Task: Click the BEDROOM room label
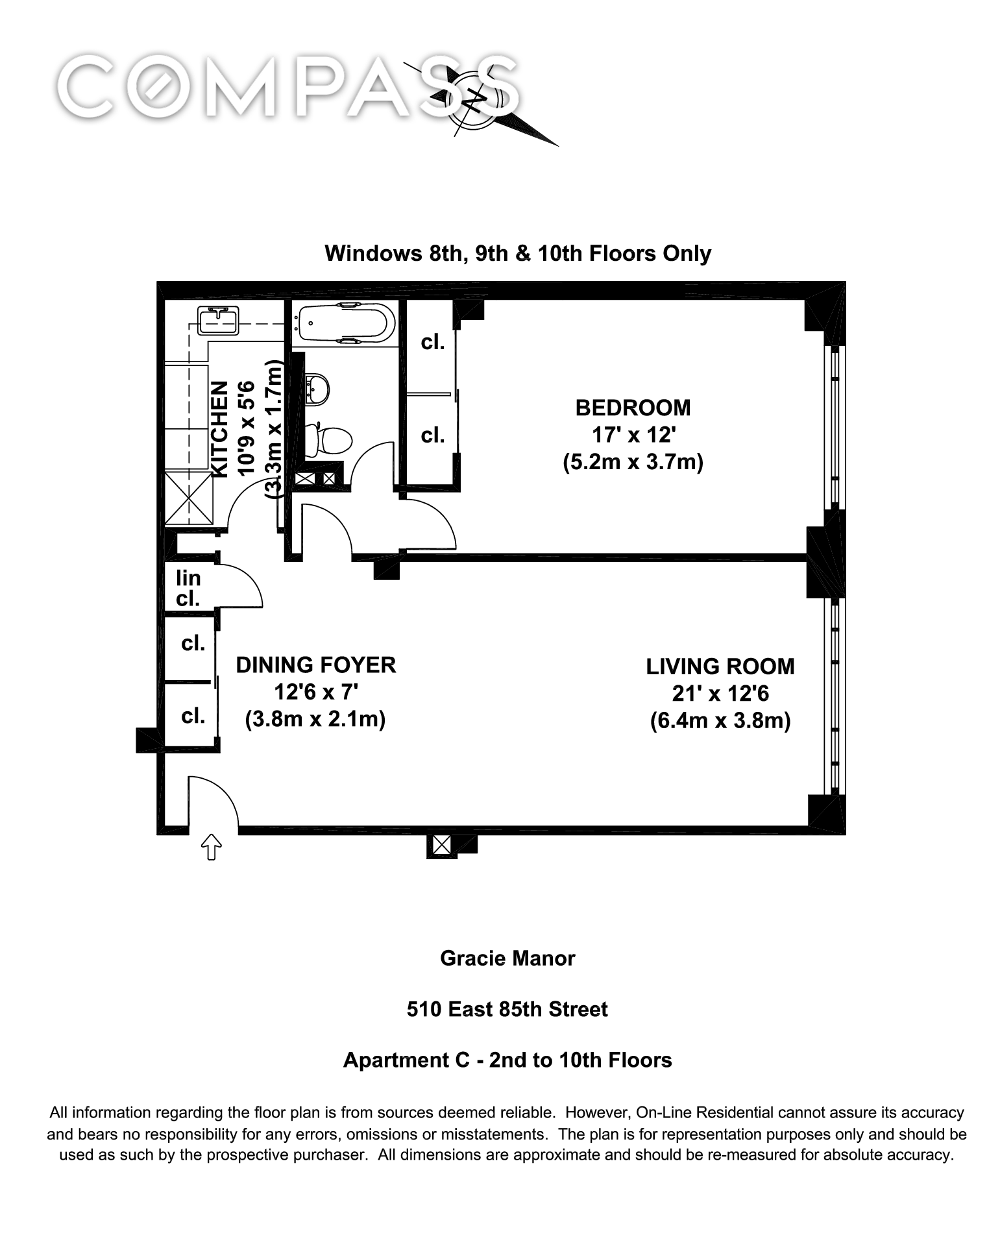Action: click(x=633, y=408)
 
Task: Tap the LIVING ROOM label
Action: click(x=720, y=666)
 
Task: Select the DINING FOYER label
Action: click(x=316, y=665)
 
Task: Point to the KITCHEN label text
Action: click(x=221, y=429)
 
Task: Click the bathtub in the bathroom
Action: click(x=344, y=323)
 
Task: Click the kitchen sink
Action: click(x=218, y=320)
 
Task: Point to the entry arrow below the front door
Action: click(x=212, y=847)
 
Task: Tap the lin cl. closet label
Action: click(x=188, y=588)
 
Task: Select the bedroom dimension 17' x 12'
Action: click(x=633, y=435)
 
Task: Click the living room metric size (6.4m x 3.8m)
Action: click(x=720, y=721)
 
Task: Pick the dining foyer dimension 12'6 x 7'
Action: click(x=316, y=692)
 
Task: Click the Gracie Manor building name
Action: click(x=507, y=958)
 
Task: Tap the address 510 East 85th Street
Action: click(x=507, y=1009)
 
